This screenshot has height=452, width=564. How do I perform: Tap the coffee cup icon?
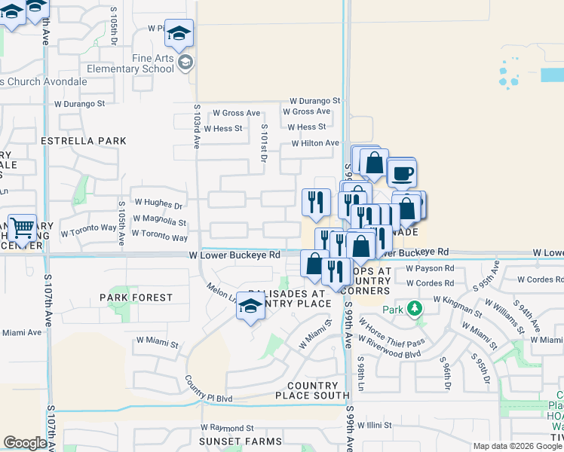(401, 173)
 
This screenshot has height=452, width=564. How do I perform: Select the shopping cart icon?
(23, 226)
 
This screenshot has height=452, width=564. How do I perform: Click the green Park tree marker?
(414, 308)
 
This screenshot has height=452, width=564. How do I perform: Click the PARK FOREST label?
(136, 298)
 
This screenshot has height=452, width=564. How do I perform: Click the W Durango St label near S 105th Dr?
(74, 104)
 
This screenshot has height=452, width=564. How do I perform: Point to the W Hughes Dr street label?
(158, 204)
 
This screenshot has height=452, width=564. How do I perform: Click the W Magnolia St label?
(159, 222)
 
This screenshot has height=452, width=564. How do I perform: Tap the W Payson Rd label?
(430, 267)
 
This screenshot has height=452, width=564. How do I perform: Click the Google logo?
(25, 443)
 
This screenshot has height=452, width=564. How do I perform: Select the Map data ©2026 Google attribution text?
(517, 446)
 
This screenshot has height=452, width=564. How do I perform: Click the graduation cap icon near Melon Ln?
(251, 306)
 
